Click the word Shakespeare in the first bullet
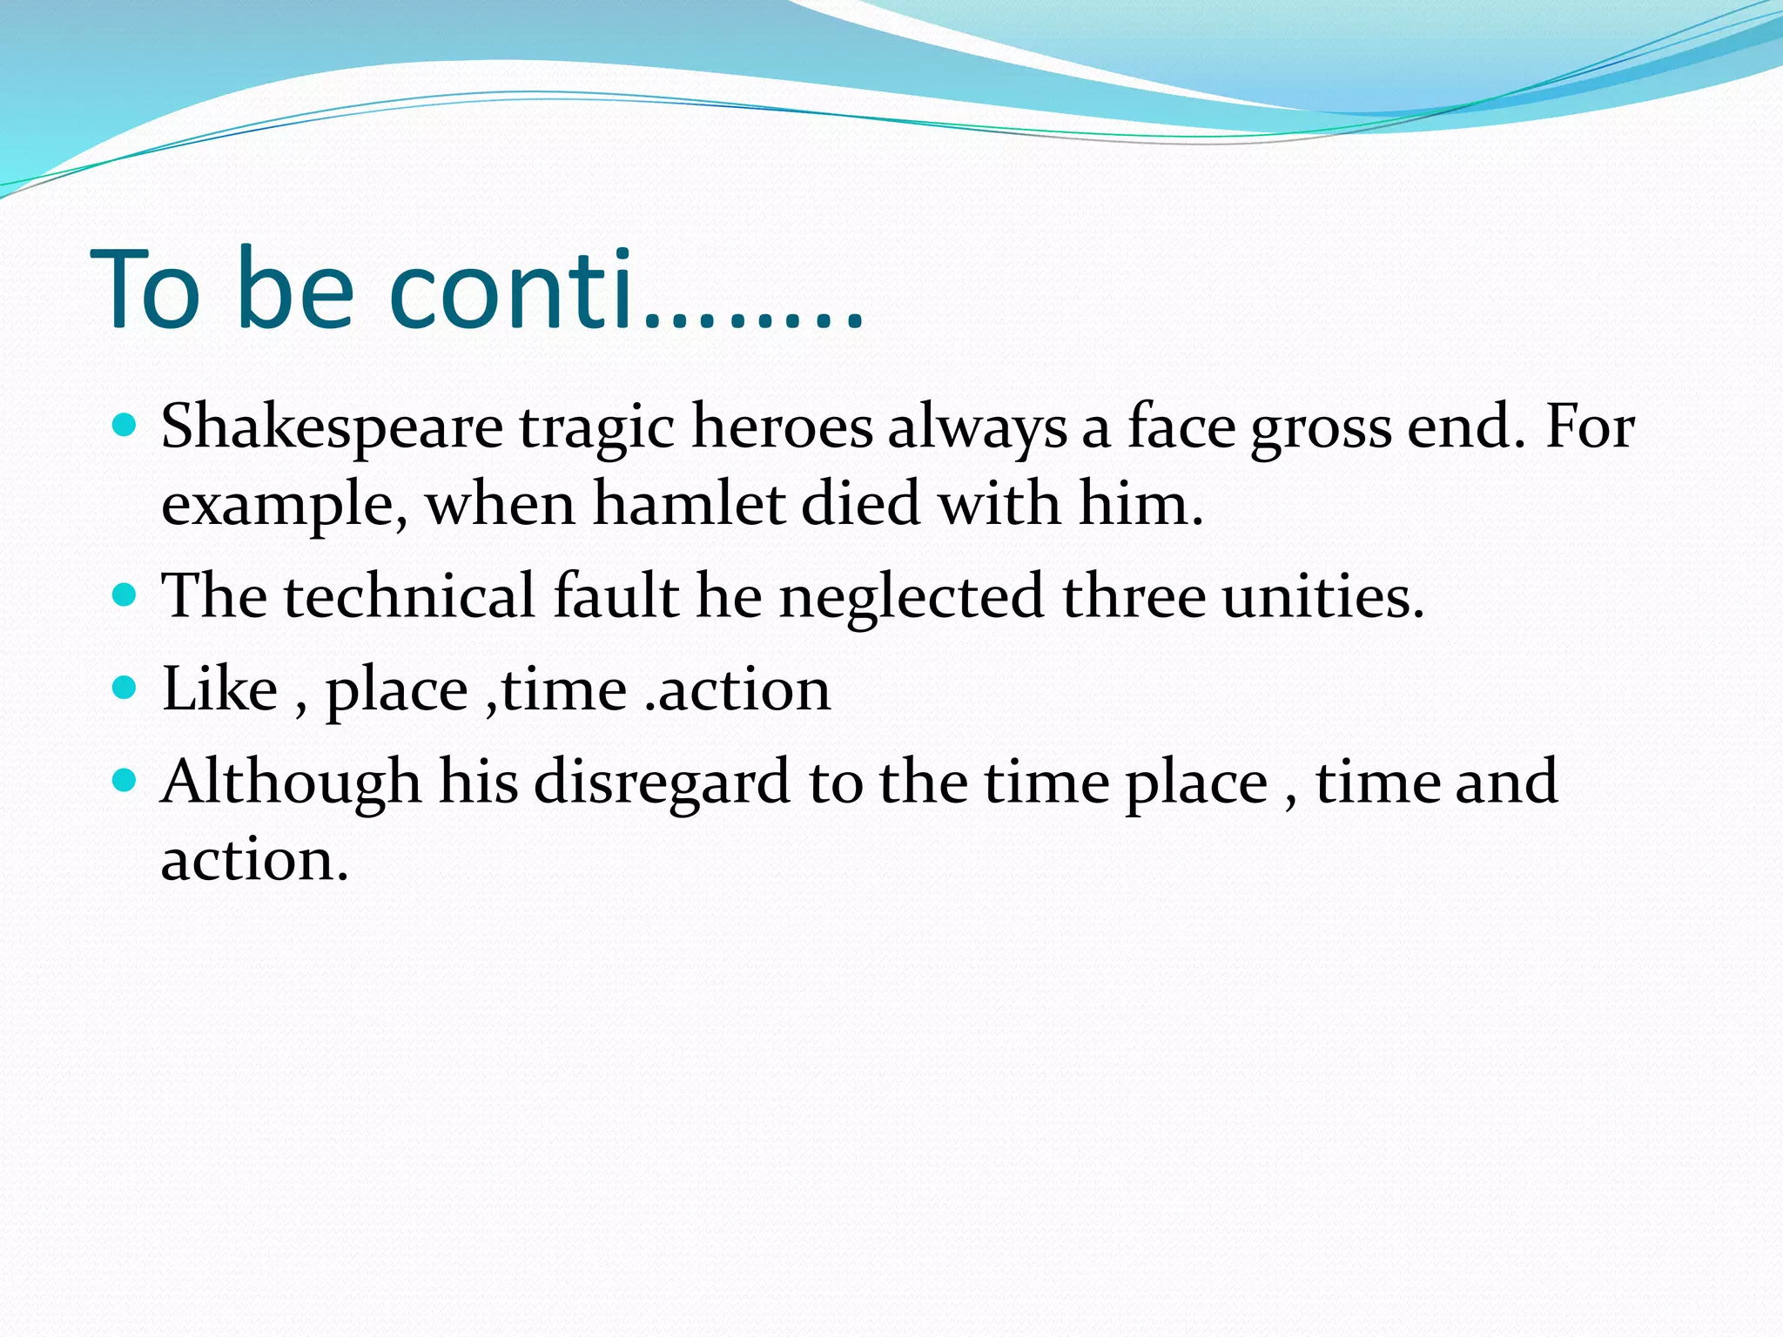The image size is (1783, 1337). pyautogui.click(x=332, y=428)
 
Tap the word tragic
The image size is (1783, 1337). pyautogui.click(x=597, y=428)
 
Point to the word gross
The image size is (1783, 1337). pyautogui.click(x=1321, y=428)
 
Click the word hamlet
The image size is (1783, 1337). pyautogui.click(x=689, y=504)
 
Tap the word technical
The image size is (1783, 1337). pyautogui.click(x=409, y=597)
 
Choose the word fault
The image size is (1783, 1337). pyautogui.click(x=616, y=597)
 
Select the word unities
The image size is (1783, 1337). pyautogui.click(x=1323, y=597)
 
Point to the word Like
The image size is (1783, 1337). pyautogui.click(x=219, y=689)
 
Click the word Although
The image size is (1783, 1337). pyautogui.click(x=291, y=783)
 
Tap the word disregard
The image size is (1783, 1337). pyautogui.click(x=662, y=783)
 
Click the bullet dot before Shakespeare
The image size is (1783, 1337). pyautogui.click(x=125, y=426)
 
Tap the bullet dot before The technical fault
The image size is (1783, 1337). pyautogui.click(x=125, y=595)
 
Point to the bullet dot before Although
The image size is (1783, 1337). pyautogui.click(x=125, y=780)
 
